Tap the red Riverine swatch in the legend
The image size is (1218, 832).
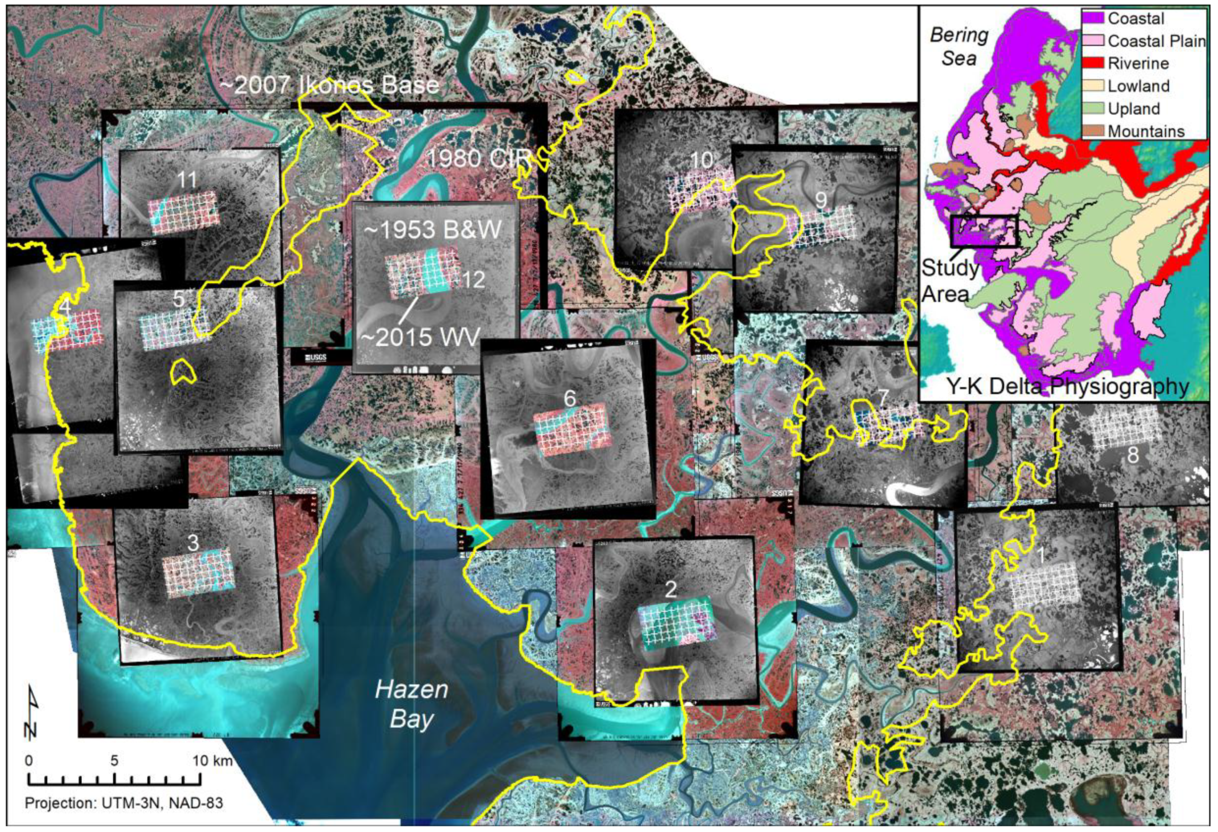click(x=1093, y=63)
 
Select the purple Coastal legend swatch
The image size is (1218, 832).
click(x=1093, y=18)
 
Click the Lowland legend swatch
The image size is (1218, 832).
click(x=1093, y=85)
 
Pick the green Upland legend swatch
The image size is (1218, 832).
click(x=1093, y=108)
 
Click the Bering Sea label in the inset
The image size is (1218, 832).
click(x=959, y=47)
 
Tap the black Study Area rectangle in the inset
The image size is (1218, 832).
click(x=984, y=231)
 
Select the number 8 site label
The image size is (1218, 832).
click(x=1133, y=455)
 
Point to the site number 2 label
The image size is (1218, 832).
click(x=671, y=590)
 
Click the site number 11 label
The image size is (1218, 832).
click(x=187, y=180)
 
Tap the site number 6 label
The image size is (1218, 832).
click(x=570, y=399)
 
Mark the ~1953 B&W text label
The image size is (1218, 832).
click(x=432, y=230)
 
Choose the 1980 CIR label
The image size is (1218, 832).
click(x=478, y=158)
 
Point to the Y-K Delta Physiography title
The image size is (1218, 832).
click(x=1068, y=386)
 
